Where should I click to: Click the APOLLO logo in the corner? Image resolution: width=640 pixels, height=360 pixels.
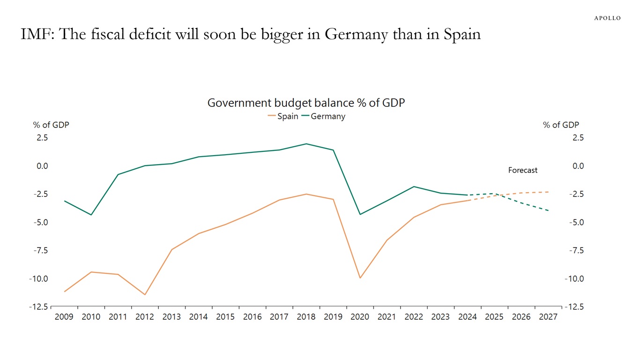[607, 18]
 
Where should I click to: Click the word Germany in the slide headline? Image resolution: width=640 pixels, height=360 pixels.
[356, 34]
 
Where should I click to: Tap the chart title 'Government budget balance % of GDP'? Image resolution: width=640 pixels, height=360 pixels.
[305, 103]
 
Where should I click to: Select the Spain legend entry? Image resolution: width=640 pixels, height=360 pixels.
[283, 116]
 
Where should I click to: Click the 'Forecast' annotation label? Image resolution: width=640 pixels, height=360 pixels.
[523, 170]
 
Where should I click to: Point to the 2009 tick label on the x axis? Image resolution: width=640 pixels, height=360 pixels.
[64, 317]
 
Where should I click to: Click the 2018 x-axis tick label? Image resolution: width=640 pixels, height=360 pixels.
[306, 317]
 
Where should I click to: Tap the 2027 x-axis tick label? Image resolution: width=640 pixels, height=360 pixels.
[548, 317]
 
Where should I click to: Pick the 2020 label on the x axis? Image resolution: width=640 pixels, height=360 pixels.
[360, 317]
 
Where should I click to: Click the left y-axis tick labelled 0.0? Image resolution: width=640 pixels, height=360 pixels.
[42, 166]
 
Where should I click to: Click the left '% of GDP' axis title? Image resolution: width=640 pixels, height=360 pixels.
[51, 125]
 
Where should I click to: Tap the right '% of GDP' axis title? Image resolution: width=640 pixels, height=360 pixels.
[561, 125]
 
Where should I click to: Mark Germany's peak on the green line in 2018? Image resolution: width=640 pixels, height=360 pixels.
[306, 144]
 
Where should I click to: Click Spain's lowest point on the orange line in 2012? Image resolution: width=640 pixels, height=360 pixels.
[145, 294]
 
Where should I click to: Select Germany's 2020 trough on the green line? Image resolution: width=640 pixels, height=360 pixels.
[360, 214]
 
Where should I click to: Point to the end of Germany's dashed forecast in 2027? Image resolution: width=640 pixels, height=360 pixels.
[548, 210]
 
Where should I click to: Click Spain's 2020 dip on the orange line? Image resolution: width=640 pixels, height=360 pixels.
[360, 278]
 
